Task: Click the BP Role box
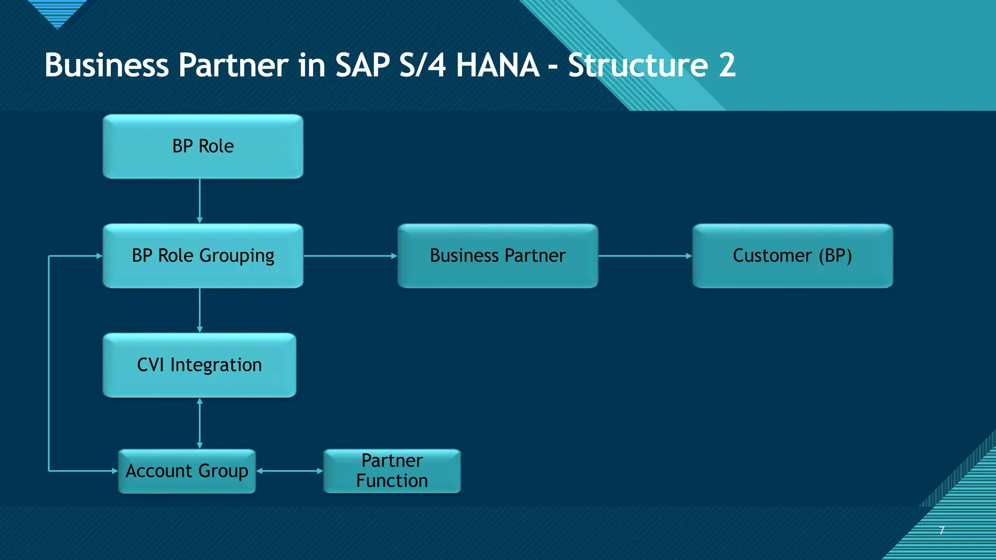(203, 146)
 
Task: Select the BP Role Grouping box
(203, 256)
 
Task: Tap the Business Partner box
(498, 256)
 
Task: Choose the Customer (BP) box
(792, 256)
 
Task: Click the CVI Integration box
(199, 365)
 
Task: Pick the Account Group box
(187, 471)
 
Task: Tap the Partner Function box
(392, 471)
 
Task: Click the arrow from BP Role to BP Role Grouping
(199, 201)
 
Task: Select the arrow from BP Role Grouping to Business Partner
(350, 256)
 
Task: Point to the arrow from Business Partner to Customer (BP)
(645, 256)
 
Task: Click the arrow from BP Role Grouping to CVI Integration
(199, 310)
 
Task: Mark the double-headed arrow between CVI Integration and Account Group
(199, 423)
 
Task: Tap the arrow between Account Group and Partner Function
(289, 471)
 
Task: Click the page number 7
(942, 530)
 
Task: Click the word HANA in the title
(497, 65)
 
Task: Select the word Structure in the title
(638, 65)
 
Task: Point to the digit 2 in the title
(727, 65)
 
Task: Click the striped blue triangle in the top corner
(57, 12)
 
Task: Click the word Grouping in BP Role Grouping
(236, 256)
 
